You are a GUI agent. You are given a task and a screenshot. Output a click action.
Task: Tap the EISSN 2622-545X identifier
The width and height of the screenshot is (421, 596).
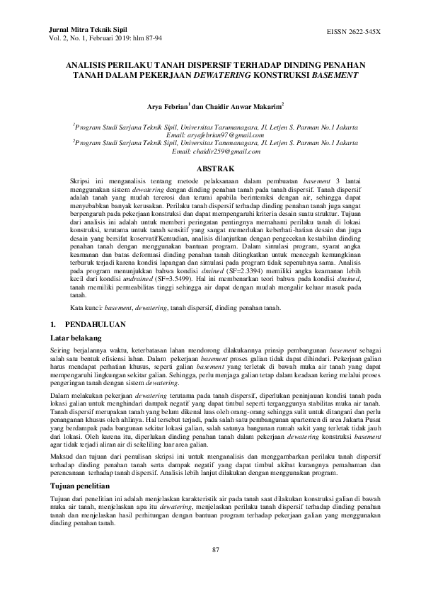click(x=353, y=33)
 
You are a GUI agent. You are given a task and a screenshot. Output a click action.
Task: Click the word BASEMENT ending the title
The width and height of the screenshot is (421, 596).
click(x=335, y=74)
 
